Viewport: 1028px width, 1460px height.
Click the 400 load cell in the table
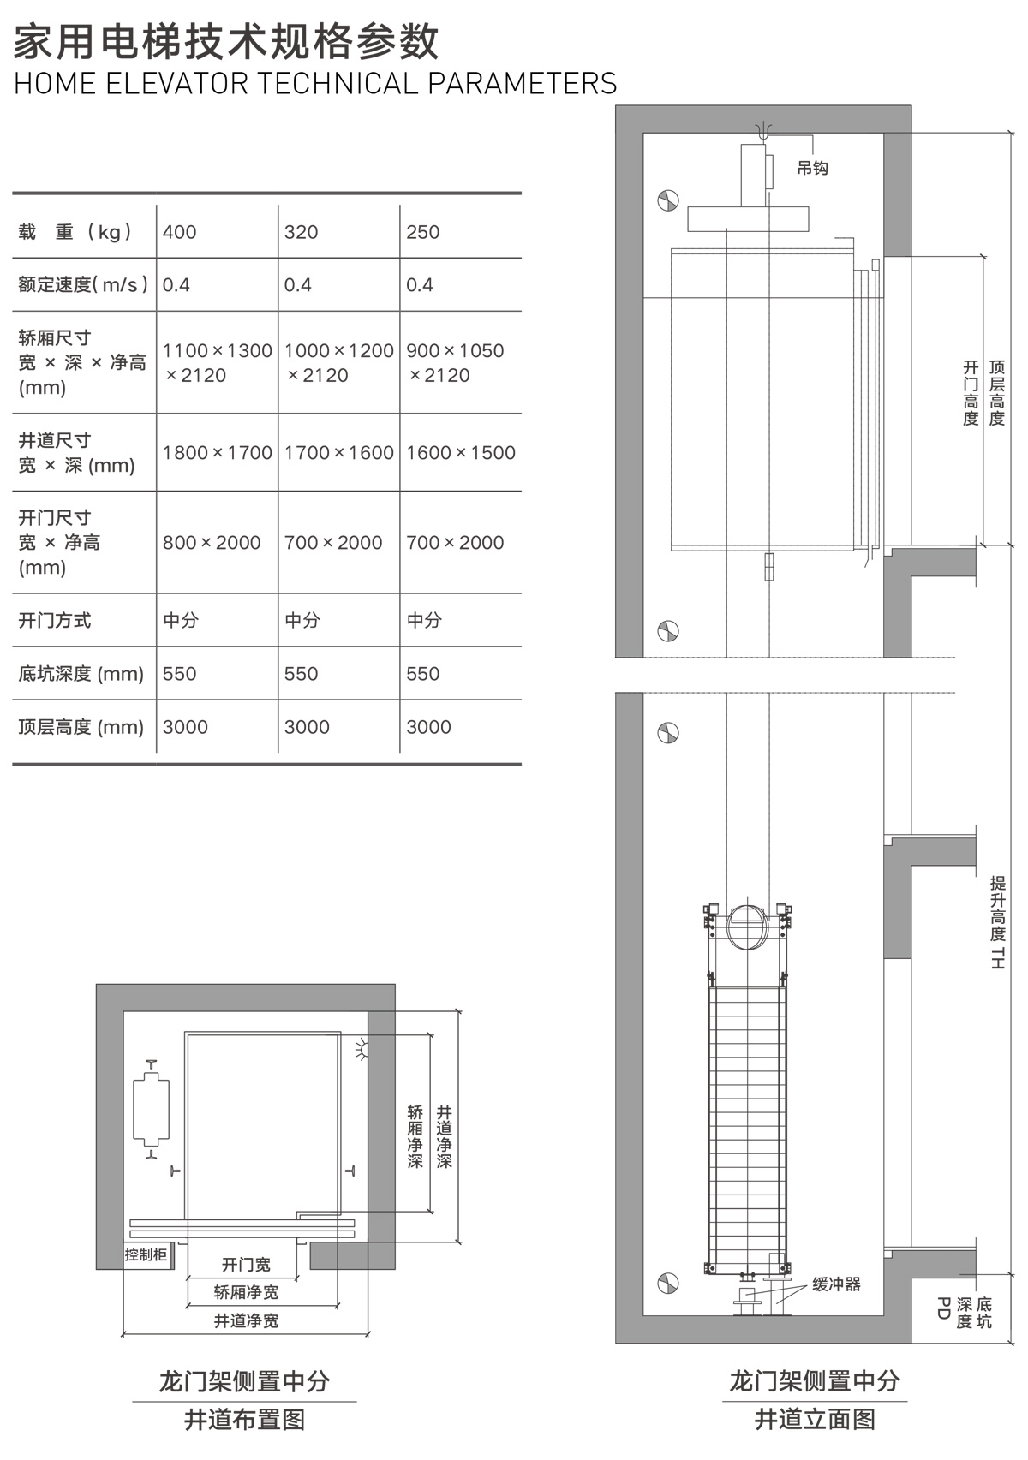click(x=180, y=232)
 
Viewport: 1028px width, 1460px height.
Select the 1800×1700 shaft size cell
click(x=218, y=453)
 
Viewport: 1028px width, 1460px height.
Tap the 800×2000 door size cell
click(x=212, y=543)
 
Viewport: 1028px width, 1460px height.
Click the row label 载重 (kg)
click(x=75, y=232)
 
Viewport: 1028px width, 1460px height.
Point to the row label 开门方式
click(x=55, y=621)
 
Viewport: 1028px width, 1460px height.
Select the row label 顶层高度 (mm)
click(x=81, y=728)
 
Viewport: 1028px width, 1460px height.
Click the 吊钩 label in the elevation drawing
click(x=812, y=169)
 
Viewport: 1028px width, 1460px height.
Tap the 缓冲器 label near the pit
click(x=836, y=1284)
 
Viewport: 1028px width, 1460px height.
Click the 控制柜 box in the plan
click(x=146, y=1255)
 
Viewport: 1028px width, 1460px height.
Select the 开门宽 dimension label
click(x=246, y=1265)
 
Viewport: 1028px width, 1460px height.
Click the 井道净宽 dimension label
click(x=246, y=1321)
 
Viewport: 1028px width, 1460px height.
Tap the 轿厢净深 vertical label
click(x=415, y=1136)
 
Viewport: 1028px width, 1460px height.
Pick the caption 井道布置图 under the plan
click(x=244, y=1420)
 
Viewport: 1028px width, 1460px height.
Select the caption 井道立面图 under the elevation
click(x=815, y=1420)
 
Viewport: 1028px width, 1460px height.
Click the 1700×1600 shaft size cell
click(x=339, y=453)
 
